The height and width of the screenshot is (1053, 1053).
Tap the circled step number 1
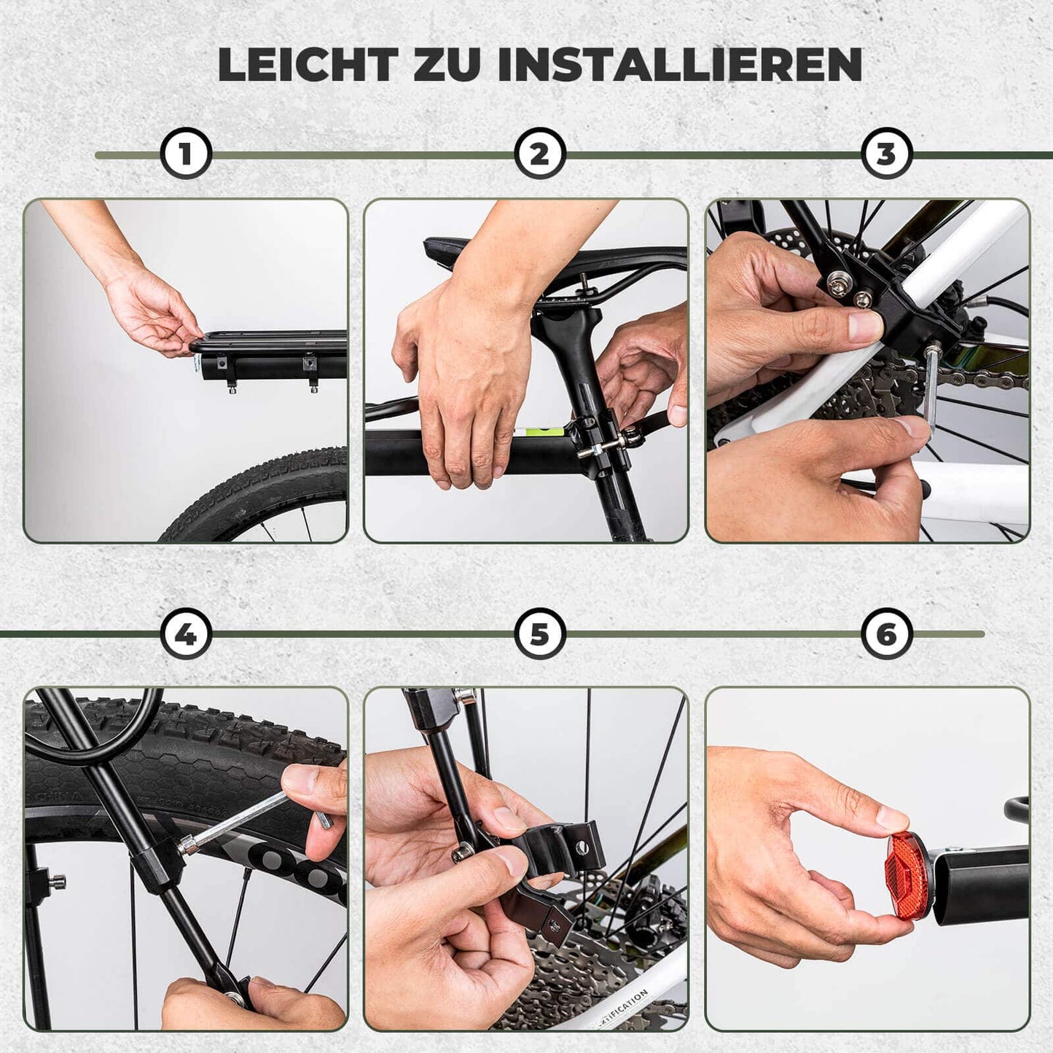(186, 154)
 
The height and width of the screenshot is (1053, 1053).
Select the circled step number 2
(539, 154)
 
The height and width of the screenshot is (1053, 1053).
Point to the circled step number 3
(886, 154)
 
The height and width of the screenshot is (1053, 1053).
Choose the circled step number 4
(186, 634)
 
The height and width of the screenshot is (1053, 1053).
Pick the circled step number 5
(539, 634)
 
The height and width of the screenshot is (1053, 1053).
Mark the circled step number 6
(886, 634)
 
